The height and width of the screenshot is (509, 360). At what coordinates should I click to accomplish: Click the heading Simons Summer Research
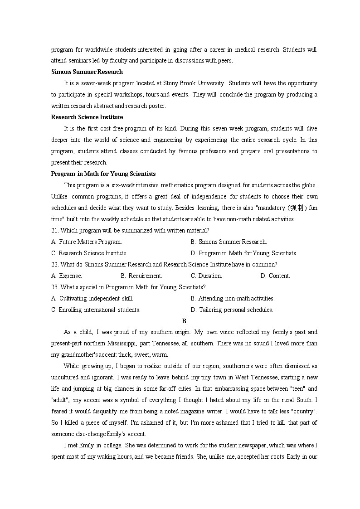click(87, 72)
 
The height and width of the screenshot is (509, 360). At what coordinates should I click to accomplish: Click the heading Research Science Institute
click(87, 117)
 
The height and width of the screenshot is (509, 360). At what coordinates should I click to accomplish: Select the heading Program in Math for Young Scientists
click(103, 174)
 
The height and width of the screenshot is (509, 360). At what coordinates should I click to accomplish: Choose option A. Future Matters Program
click(87, 242)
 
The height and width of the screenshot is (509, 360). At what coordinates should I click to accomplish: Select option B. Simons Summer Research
click(229, 242)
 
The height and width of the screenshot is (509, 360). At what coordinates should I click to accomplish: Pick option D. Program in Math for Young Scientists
click(244, 253)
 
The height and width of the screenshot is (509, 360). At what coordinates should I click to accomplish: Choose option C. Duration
click(206, 276)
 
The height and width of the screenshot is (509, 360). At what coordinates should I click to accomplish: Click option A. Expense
click(67, 276)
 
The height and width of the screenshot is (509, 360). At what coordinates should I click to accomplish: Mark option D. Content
click(275, 276)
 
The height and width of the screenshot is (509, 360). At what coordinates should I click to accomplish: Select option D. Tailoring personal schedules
click(232, 310)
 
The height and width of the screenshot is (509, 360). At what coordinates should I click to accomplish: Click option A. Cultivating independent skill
click(92, 298)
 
